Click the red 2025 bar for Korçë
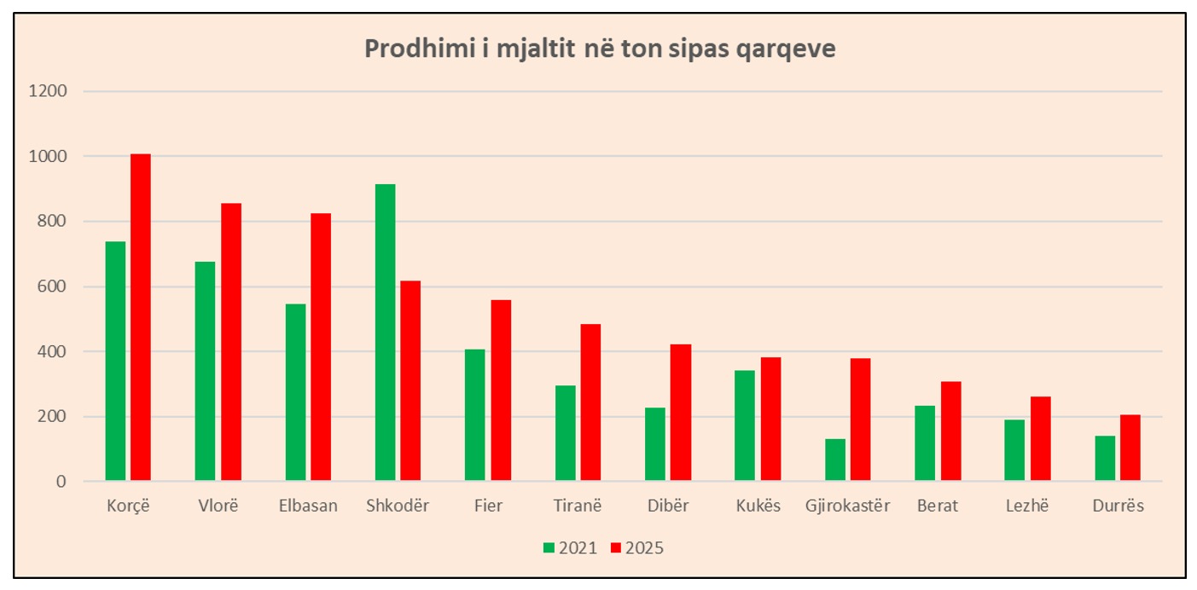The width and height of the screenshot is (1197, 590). [141, 317]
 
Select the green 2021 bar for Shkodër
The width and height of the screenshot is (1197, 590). [386, 333]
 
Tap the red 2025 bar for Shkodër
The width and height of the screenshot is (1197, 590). [410, 381]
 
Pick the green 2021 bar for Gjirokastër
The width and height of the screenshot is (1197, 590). [835, 460]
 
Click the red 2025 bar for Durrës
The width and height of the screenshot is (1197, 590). [1130, 448]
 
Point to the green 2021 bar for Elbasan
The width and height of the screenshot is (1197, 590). [295, 392]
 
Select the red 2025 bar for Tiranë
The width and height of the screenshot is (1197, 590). [590, 402]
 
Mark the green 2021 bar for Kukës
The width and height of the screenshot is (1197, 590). [745, 425]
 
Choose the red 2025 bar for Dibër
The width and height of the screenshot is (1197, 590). [681, 412]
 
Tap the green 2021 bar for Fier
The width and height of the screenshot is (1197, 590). [475, 415]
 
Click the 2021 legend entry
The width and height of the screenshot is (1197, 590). [570, 548]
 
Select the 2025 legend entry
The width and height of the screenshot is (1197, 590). [637, 548]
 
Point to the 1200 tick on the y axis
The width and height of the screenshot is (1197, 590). [48, 90]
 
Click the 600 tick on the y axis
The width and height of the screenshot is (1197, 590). [52, 286]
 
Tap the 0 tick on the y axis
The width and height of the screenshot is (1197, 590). [61, 482]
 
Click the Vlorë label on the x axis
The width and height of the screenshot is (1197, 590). [218, 506]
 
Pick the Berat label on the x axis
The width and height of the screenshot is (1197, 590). [938, 506]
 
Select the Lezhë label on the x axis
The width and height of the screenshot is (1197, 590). [1027, 506]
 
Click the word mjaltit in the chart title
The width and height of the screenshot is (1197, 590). [536, 49]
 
